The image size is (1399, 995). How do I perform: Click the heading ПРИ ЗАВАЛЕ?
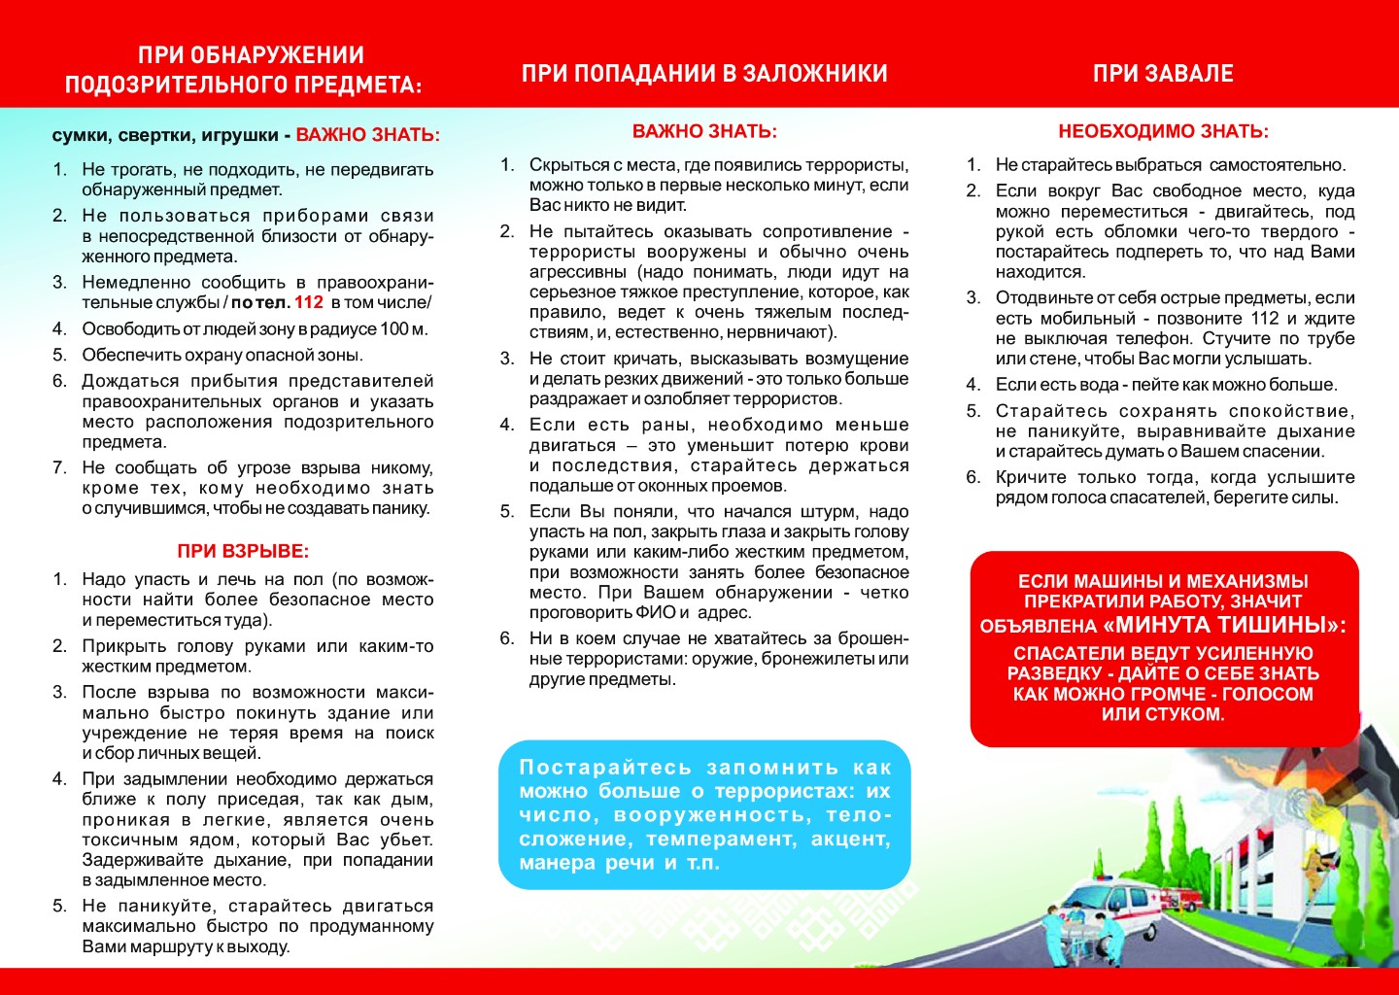[1163, 74]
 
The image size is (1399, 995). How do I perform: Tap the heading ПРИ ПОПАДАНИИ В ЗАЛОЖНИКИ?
[704, 74]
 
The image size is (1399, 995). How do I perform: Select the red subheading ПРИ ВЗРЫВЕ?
[243, 551]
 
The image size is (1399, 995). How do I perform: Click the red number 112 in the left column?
[309, 302]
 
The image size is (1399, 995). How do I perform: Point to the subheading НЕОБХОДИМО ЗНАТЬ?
[1163, 131]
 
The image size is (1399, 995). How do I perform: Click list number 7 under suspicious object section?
[59, 467]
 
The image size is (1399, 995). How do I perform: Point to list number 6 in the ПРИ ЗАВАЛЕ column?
[972, 477]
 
